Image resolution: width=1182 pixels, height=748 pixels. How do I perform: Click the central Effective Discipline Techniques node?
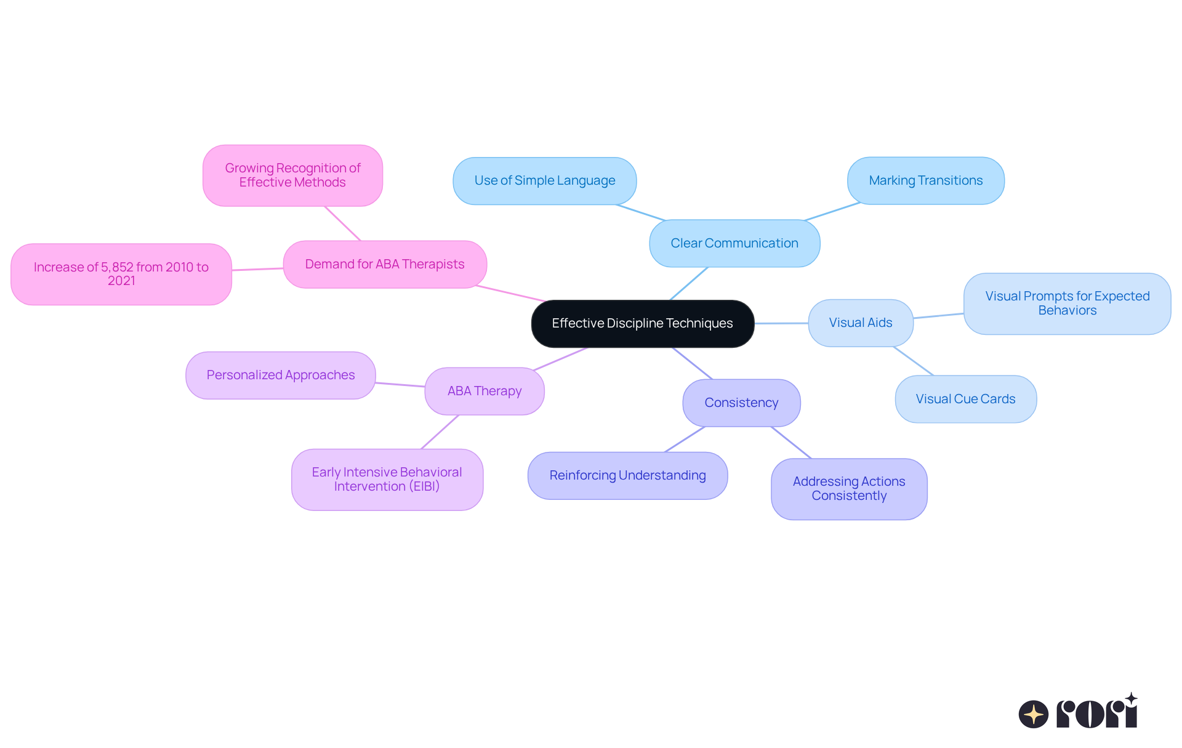[642, 323]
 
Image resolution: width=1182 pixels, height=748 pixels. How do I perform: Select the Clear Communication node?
[734, 243]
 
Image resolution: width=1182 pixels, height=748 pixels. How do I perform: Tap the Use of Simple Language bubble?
[544, 180]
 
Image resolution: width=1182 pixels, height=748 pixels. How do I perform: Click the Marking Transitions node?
[925, 180]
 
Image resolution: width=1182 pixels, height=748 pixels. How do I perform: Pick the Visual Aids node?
[860, 323]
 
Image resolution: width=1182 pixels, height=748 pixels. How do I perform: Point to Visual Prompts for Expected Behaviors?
[1067, 304]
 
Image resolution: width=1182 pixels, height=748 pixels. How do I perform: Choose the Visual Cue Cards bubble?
[965, 399]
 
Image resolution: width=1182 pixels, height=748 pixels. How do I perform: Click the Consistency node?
[741, 403]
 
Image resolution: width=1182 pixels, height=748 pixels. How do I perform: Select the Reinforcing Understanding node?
[627, 475]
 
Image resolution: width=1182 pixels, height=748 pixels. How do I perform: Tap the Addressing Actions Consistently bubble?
[849, 489]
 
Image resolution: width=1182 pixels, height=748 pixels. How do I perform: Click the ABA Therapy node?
[484, 391]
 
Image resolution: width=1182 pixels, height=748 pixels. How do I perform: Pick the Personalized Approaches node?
[281, 375]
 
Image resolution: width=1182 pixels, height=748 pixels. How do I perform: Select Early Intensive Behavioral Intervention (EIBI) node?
[387, 479]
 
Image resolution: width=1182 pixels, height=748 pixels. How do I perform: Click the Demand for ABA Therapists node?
[385, 264]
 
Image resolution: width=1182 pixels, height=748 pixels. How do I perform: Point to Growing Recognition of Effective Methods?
[292, 175]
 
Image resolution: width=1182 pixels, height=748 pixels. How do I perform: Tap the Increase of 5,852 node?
[121, 274]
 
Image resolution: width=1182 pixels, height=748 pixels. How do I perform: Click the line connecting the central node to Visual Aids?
[781, 323]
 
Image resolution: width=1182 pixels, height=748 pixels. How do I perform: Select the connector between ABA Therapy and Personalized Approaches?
[400, 385]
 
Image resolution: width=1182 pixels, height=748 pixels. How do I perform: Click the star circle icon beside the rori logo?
[1033, 714]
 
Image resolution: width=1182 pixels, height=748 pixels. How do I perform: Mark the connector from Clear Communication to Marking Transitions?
[832, 211]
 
